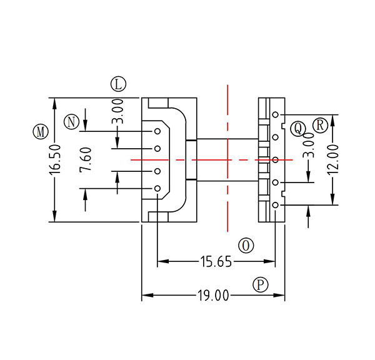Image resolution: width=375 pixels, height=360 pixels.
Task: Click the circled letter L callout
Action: point(117,83)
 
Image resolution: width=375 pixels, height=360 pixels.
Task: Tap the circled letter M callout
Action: point(41,132)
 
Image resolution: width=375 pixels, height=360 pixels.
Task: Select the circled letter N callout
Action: point(72,121)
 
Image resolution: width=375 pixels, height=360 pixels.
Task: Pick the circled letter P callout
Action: point(261,285)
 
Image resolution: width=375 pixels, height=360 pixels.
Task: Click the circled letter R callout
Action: point(320,124)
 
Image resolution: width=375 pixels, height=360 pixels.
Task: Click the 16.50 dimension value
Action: point(55,160)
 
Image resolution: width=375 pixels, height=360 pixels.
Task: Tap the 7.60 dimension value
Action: point(86,160)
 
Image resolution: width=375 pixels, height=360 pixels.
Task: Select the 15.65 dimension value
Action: point(216,262)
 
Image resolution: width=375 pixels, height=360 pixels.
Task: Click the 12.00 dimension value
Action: point(333,159)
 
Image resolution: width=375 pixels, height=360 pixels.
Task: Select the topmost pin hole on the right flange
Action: point(275,114)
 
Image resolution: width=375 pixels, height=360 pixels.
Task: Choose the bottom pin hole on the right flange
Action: point(275,204)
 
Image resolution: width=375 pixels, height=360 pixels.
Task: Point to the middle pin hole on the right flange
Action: point(275,159)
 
